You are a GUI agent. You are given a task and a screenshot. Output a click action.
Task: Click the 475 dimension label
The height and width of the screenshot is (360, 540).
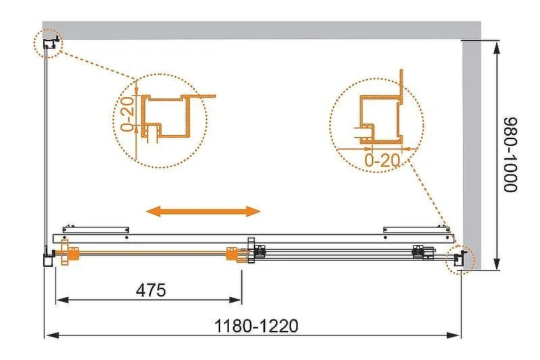coord(151,290)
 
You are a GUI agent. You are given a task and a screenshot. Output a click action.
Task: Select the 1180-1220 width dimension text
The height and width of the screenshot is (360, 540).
coord(256,326)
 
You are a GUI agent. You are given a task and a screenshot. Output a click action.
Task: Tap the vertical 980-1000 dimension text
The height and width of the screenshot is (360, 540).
coord(511,155)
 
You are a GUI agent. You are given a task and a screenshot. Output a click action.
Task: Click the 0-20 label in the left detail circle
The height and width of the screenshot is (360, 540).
coord(127,114)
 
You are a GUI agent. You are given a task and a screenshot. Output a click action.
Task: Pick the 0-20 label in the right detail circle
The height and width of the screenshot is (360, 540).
coord(382,159)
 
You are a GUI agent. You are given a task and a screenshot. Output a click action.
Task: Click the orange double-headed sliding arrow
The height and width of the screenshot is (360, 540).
coord(203,211)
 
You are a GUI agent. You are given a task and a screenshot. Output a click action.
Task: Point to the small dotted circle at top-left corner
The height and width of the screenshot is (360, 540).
coord(47,43)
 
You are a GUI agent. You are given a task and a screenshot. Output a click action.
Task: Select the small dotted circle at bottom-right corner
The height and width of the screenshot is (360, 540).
coord(460,259)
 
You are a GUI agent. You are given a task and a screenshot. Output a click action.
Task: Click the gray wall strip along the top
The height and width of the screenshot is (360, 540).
coord(262,30)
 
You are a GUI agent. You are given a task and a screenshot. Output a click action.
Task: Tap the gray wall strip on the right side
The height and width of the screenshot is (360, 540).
coord(472,155)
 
